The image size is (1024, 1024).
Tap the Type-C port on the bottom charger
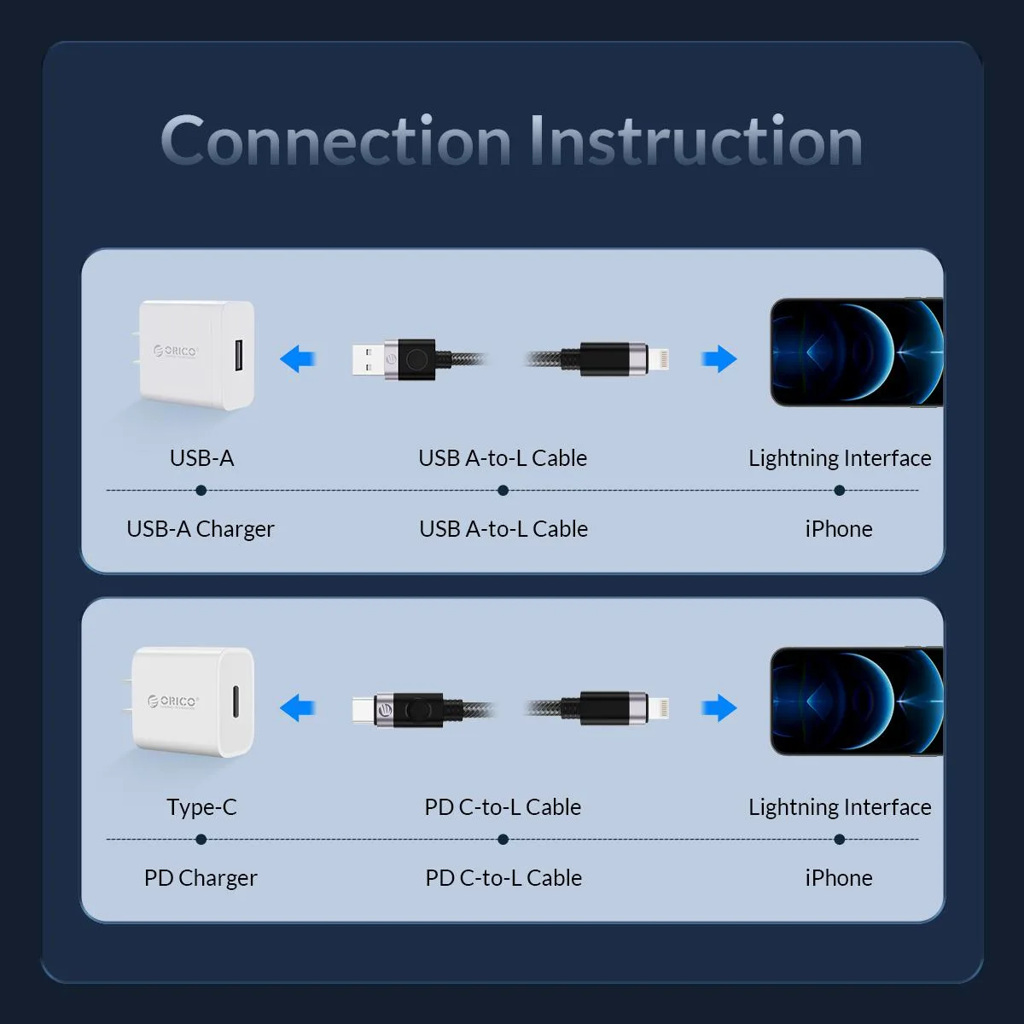pos(236,701)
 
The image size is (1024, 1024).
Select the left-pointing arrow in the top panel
pos(298,358)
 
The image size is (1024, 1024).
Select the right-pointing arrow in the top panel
pos(719,358)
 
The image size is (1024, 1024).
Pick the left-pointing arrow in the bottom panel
pos(298,707)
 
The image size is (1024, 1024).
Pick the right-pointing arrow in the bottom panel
pos(719,707)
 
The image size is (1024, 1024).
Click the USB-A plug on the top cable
pos(368,359)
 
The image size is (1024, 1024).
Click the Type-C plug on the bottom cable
pos(363,709)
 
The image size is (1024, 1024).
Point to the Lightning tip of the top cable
pos(659,359)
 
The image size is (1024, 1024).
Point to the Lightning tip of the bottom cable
pos(659,708)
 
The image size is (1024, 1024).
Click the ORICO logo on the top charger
pos(176,351)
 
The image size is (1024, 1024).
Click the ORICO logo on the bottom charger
pos(173,701)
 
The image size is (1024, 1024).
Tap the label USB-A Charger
pos(201,529)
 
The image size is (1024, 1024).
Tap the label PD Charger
pos(201,878)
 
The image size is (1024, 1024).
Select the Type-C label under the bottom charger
pos(202,807)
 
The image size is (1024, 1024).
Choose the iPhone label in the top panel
pos(839,529)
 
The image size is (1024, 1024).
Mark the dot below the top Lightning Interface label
pos(840,491)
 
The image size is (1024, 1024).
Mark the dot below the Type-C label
pos(201,840)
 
